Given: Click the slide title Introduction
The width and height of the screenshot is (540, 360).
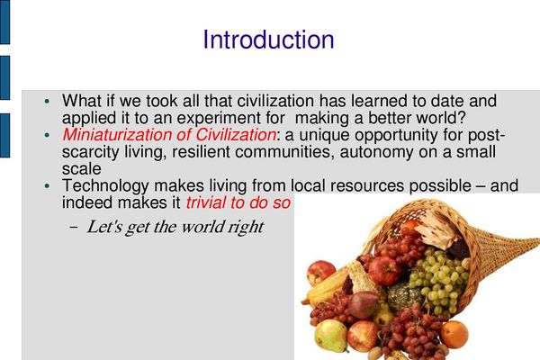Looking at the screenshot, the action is click(x=268, y=40).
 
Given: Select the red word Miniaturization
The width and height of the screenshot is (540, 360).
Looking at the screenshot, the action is click(x=117, y=135).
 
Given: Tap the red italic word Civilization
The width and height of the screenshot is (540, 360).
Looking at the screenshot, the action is click(x=236, y=135).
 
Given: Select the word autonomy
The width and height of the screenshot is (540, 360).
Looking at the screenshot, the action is click(x=375, y=153).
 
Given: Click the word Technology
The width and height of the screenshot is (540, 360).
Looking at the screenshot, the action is click(x=105, y=186).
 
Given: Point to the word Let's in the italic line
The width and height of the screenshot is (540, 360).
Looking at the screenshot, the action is click(x=104, y=227).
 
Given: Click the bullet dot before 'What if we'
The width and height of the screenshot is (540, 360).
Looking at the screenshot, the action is click(x=47, y=102).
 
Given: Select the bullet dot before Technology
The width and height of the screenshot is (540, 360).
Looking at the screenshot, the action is click(x=47, y=186).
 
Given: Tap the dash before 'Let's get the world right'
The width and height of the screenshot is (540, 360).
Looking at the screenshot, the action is click(x=73, y=228).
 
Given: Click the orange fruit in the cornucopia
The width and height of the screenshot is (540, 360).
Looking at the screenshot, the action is click(x=454, y=334).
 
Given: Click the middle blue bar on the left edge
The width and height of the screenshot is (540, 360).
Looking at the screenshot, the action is click(x=4, y=78).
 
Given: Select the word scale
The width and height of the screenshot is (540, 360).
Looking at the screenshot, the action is click(x=82, y=169).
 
